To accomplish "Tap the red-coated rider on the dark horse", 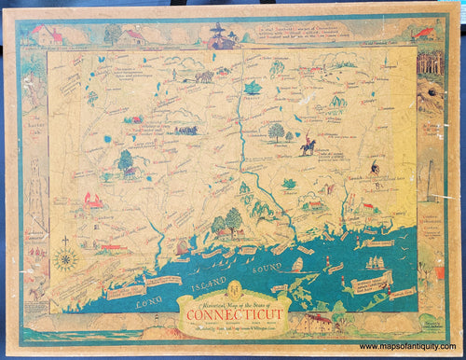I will point(308,145).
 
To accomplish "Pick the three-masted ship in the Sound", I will point(376,262).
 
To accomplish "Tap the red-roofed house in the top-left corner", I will point(47,35).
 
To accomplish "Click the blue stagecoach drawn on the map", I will point(185,130).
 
